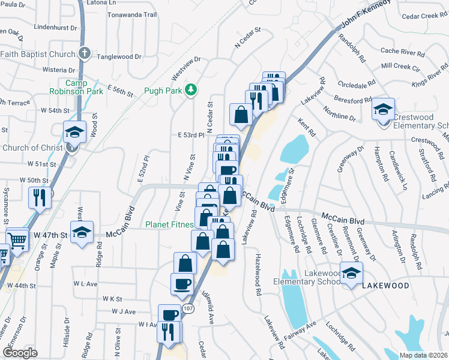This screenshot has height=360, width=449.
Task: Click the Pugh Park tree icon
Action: tap(190, 90)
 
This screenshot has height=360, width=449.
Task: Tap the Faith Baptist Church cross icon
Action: tap(85, 53)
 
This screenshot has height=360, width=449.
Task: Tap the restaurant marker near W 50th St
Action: tap(39, 197)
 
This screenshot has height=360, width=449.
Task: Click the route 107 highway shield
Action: tap(188, 308)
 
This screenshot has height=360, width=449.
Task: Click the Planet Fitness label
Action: tap(170, 225)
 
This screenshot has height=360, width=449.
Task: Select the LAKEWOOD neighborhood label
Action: tap(385, 286)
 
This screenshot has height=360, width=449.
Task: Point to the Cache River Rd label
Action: tap(403, 52)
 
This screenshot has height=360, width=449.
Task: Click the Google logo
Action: tap(20, 353)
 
